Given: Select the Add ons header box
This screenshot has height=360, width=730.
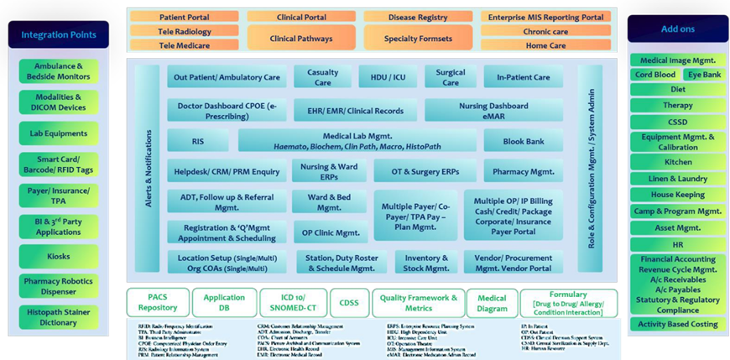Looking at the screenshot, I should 678,28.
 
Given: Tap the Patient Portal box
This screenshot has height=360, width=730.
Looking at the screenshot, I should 184,17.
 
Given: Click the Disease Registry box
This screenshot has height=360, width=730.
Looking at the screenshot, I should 417,17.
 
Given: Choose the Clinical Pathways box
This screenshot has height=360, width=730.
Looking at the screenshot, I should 300,38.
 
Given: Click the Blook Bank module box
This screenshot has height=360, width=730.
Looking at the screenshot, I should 523,141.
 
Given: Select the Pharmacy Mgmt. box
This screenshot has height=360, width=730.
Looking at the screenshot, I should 523,171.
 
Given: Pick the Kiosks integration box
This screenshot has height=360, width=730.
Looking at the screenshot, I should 59,256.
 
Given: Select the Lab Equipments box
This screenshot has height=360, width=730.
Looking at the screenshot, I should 59,133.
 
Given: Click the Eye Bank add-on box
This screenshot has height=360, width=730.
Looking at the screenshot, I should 703,75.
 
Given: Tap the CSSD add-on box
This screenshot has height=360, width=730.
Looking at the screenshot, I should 677,121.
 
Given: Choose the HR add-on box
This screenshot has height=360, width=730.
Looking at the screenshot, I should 677,243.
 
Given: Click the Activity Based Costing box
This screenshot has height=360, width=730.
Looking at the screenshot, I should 677,324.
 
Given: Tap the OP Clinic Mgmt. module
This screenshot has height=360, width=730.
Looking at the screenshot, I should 330,232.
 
